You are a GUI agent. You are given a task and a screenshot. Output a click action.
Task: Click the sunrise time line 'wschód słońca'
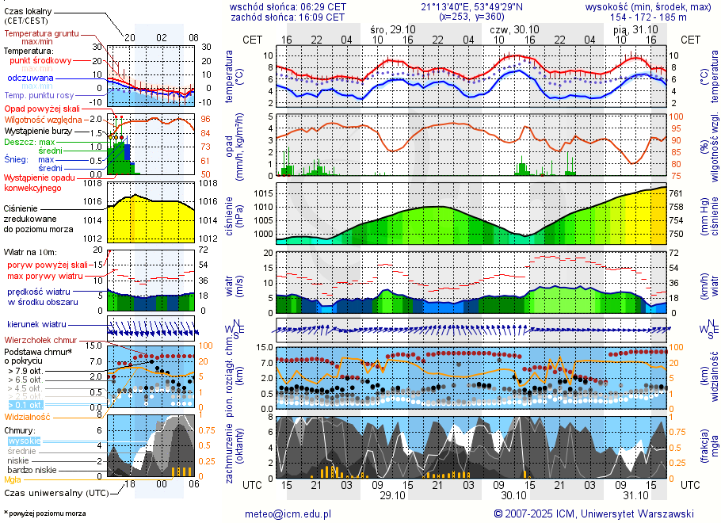pyautogui.click(x=288, y=6)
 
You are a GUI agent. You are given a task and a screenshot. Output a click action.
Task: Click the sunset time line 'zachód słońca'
pyautogui.click(x=288, y=17)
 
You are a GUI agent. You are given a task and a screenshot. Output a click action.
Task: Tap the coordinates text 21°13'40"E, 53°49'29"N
pyautogui.click(x=461, y=6)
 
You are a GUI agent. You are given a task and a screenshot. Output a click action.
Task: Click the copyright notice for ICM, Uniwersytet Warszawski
pyautogui.click(x=593, y=513)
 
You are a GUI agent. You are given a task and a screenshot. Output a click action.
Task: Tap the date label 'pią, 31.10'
pyautogui.click(x=631, y=29)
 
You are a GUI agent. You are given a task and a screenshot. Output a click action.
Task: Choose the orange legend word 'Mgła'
pyautogui.click(x=13, y=479)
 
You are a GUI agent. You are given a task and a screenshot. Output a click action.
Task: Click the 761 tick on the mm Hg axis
pyautogui.click(x=675, y=193)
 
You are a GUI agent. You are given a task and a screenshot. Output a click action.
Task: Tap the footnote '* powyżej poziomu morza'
pyautogui.click(x=44, y=513)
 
